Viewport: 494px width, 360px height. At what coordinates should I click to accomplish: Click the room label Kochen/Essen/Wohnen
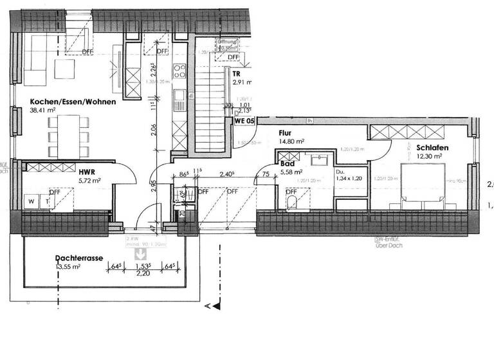tap(73, 102)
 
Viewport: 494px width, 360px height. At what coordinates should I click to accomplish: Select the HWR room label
tap(87, 172)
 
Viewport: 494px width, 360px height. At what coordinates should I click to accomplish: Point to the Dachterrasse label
tap(79, 258)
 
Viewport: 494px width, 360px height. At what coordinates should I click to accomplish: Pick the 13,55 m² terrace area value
tap(67, 266)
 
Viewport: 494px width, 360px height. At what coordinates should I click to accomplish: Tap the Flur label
tap(286, 134)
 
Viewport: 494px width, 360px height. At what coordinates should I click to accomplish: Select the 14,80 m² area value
tap(291, 141)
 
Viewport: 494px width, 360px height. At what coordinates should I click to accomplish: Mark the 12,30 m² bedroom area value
tap(430, 156)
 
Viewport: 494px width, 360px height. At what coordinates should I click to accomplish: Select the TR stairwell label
tap(236, 74)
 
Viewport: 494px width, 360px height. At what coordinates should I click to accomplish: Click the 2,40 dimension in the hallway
tap(226, 174)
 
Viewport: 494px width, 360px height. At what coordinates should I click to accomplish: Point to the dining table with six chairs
tap(68, 135)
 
